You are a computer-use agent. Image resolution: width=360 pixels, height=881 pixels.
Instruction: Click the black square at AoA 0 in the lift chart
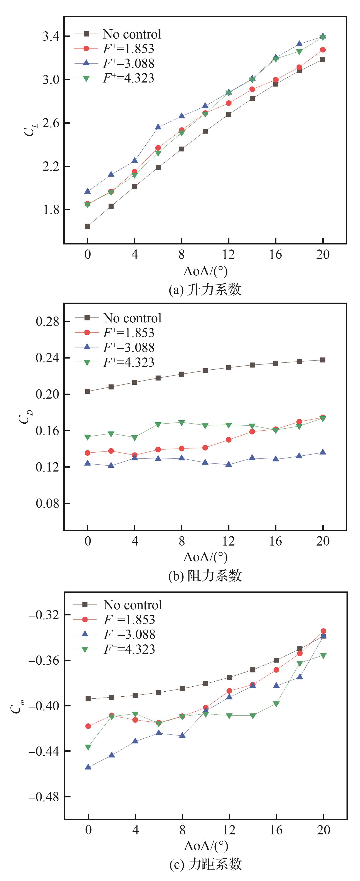tap(87, 226)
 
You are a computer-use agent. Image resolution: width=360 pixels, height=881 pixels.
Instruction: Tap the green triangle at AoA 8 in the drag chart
tap(182, 423)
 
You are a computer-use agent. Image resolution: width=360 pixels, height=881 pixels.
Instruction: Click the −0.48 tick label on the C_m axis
tap(44, 797)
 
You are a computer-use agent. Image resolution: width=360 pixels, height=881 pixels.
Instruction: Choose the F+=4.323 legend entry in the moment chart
tap(129, 649)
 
